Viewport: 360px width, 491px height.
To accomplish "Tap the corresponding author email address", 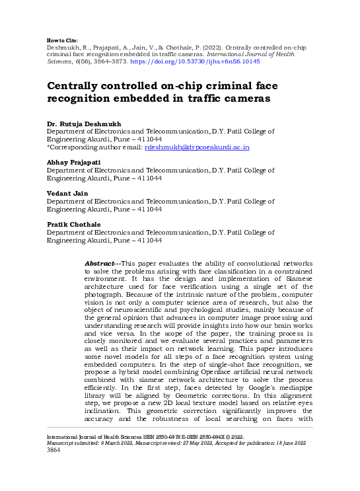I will [x=197, y=147].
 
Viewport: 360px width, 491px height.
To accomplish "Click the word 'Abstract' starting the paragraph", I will [x=100, y=264].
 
